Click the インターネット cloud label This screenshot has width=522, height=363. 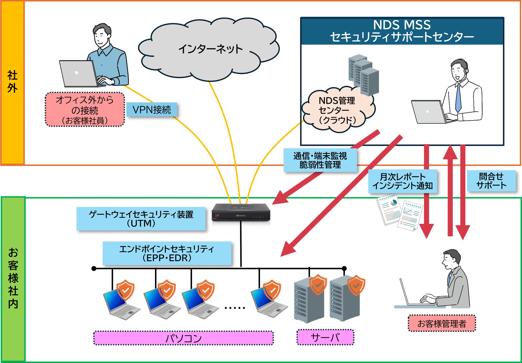[x=210, y=49]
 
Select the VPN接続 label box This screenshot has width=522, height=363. [x=152, y=110]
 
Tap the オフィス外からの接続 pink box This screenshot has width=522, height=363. [x=85, y=110]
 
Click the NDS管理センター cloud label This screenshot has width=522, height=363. [x=337, y=110]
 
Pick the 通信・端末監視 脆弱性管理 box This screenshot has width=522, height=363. [x=320, y=160]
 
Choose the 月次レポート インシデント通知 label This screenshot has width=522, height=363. [x=402, y=181]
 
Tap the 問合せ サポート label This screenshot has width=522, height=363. [x=491, y=181]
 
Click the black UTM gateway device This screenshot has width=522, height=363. [x=241, y=212]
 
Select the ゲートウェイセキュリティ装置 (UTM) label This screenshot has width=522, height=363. [x=141, y=219]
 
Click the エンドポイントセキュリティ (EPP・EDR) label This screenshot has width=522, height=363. [x=167, y=253]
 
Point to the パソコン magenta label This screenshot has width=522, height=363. [x=183, y=338]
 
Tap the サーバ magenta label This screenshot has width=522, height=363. [x=325, y=337]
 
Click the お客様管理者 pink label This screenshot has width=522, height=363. [x=442, y=323]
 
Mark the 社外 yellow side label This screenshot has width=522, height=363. [x=13, y=82]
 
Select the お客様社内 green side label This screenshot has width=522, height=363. [x=13, y=278]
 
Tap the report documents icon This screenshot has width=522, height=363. [x=400, y=212]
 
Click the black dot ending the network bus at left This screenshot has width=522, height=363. [x=94, y=268]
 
